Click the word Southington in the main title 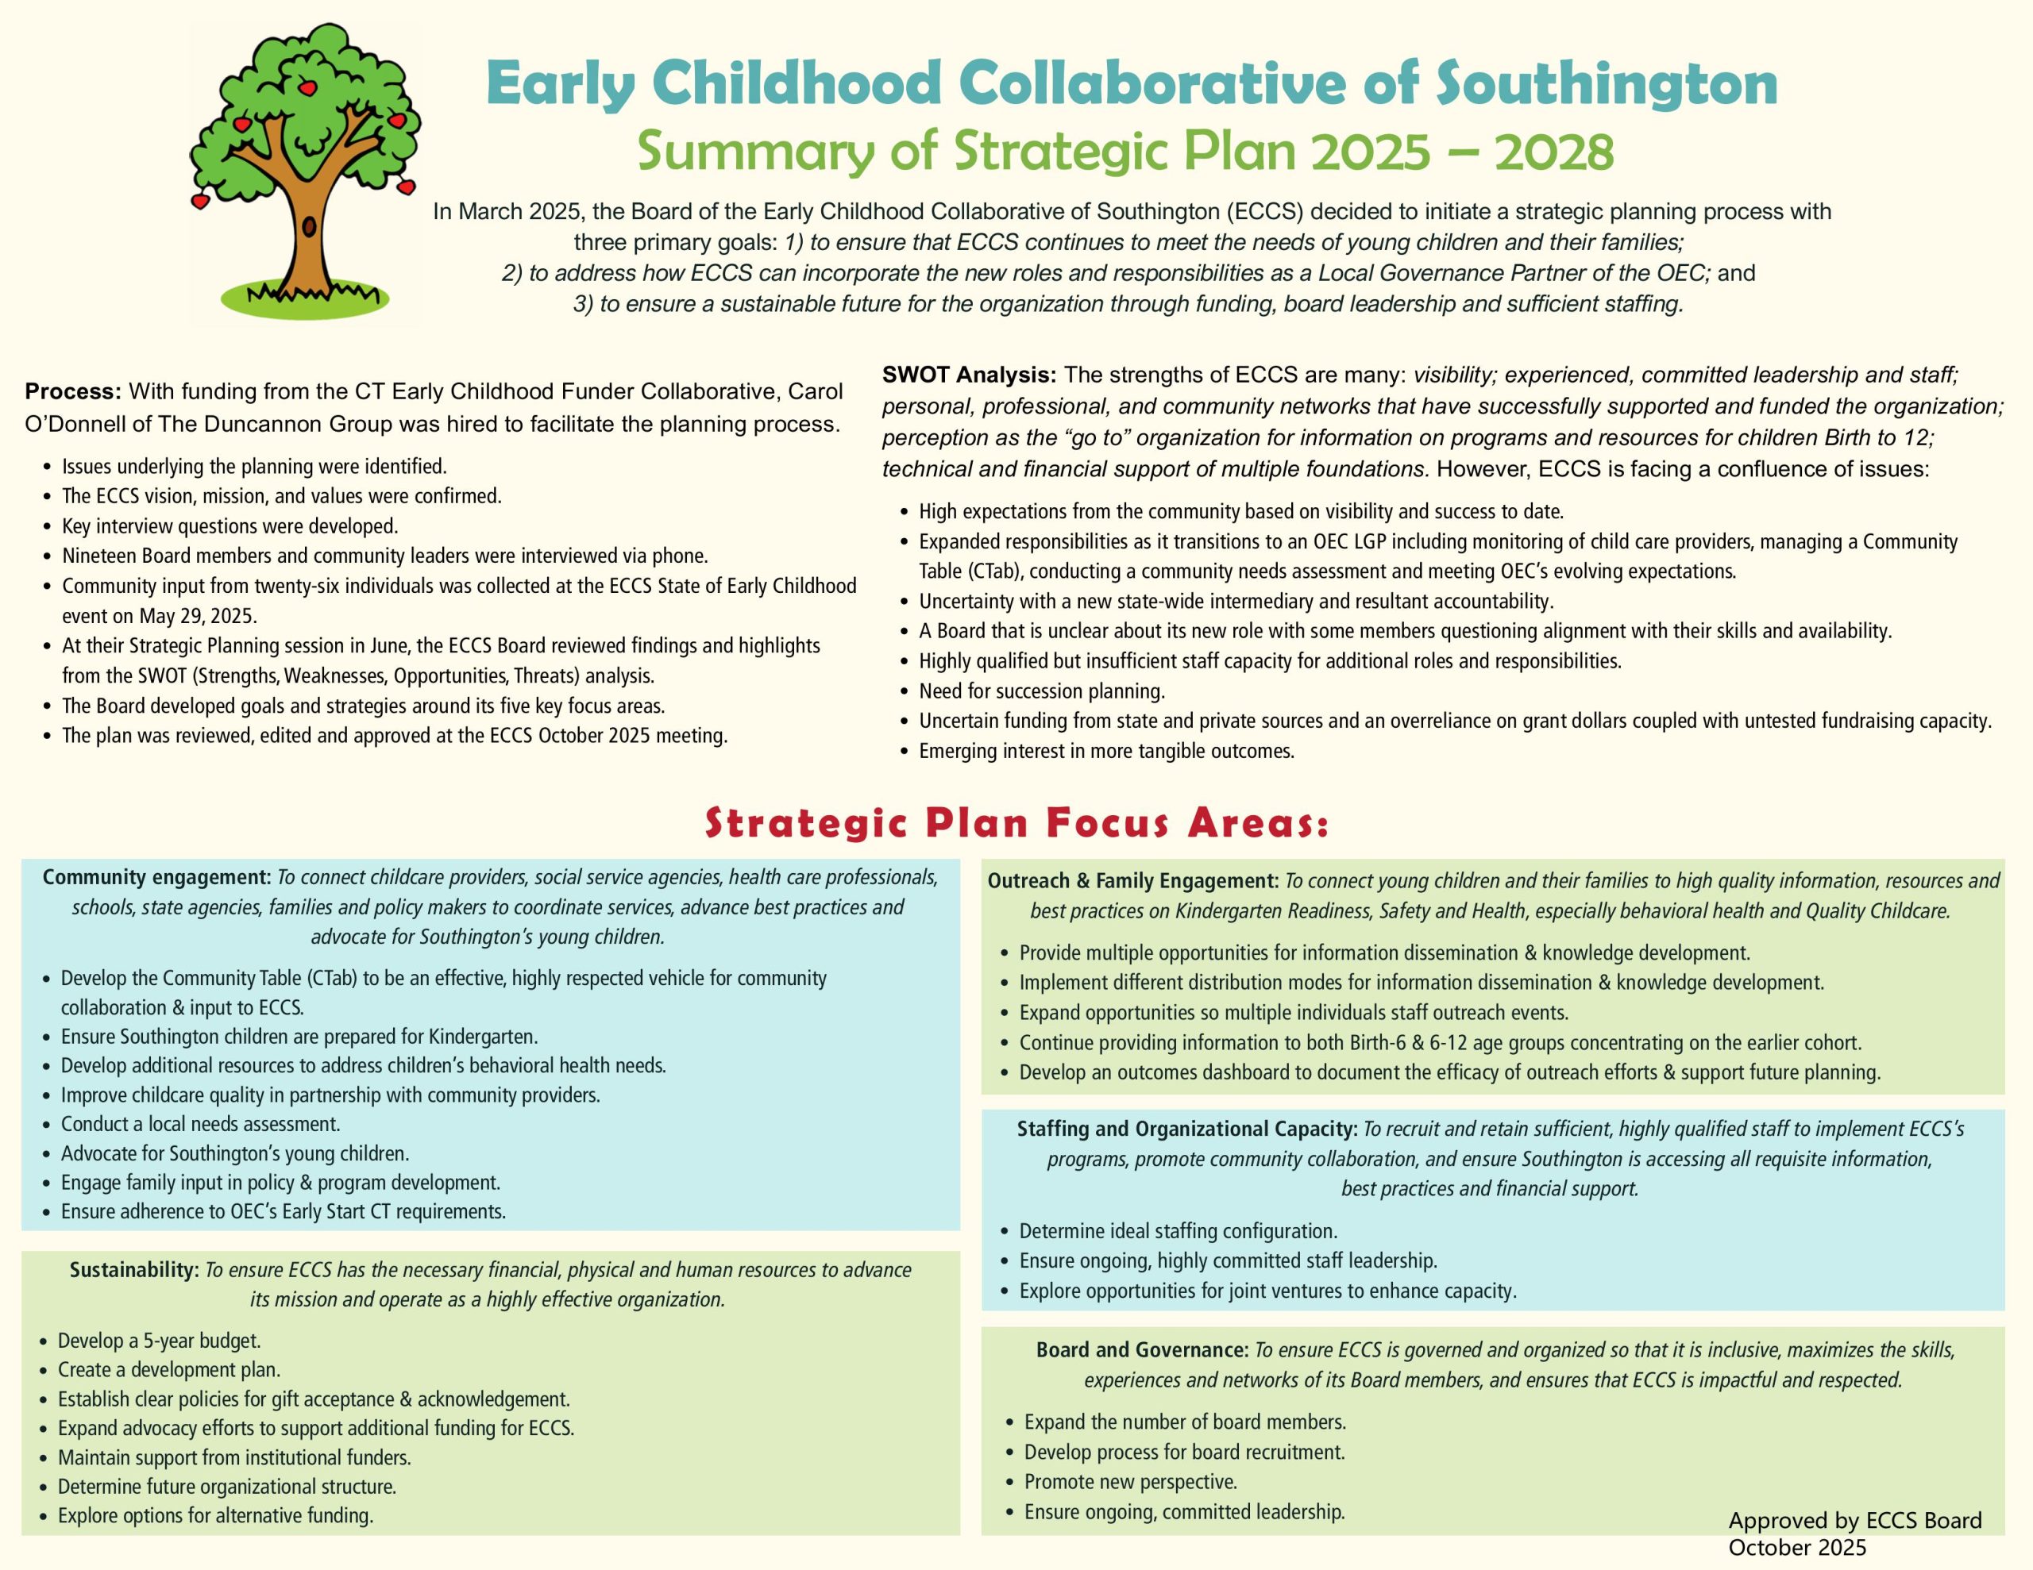pos(1607,84)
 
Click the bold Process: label pos(72,391)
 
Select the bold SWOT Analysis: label pos(969,376)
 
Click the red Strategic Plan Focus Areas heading pos(1016,825)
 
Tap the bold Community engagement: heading pos(156,878)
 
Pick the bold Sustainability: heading pos(134,1270)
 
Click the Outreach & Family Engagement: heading pos(1133,880)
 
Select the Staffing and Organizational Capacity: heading pos(1187,1129)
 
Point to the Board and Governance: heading pos(1142,1349)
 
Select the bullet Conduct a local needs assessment pos(200,1124)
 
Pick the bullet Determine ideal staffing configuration pos(1178,1231)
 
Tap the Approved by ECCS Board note pos(1854,1520)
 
